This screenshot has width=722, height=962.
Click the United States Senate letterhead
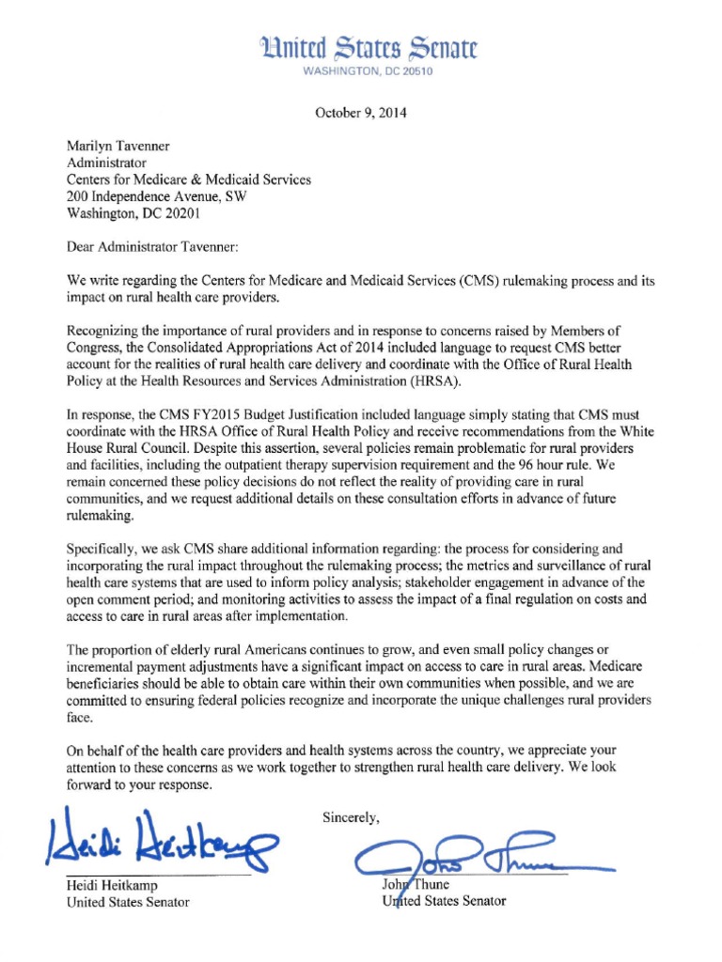[369, 48]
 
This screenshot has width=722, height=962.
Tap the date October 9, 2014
[361, 113]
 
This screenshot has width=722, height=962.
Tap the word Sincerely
[351, 817]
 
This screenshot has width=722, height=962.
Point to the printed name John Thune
[416, 884]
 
